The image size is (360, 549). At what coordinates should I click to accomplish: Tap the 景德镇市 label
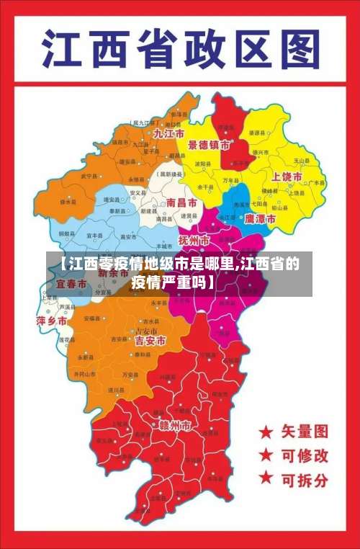click(210, 145)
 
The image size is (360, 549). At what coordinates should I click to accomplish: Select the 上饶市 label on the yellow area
click(287, 177)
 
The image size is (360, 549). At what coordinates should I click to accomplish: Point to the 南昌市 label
click(181, 204)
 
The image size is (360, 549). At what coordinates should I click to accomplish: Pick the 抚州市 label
click(194, 239)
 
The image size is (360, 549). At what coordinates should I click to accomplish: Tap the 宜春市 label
click(72, 285)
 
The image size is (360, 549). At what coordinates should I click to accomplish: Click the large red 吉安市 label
click(150, 340)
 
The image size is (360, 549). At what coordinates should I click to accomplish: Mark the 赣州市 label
click(175, 427)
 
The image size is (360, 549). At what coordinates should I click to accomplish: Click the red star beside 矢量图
click(266, 432)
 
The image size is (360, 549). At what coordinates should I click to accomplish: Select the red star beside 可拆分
click(266, 477)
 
